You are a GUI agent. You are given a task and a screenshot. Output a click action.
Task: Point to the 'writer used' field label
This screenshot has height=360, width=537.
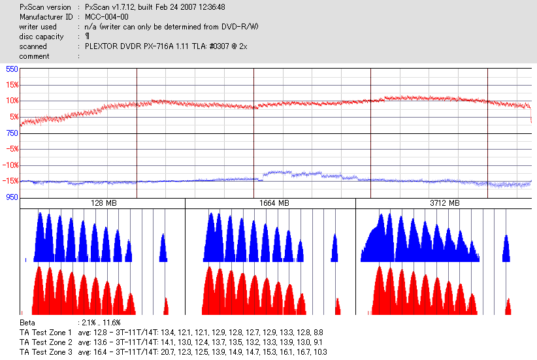pyautogui.click(x=38, y=27)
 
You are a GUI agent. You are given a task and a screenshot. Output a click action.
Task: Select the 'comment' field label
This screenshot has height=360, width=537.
pyautogui.click(x=34, y=56)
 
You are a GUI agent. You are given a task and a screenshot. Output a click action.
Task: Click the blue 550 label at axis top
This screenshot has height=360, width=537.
pyautogui.click(x=12, y=69)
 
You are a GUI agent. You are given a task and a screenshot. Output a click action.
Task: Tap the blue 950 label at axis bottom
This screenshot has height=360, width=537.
pyautogui.click(x=12, y=197)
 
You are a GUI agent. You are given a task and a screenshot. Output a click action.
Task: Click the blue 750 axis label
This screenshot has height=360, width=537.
pyautogui.click(x=12, y=133)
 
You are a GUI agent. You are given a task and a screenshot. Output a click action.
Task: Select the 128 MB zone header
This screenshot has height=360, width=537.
pyautogui.click(x=103, y=204)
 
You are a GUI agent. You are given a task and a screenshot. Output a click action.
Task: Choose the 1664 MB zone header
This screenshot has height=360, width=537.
pyautogui.click(x=270, y=204)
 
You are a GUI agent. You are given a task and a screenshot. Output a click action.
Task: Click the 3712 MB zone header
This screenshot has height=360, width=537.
pyautogui.click(x=442, y=204)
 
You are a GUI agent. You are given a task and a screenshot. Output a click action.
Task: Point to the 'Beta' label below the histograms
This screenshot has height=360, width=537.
pyautogui.click(x=27, y=323)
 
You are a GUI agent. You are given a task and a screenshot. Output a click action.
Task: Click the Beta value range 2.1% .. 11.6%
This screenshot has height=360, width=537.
pyautogui.click(x=100, y=323)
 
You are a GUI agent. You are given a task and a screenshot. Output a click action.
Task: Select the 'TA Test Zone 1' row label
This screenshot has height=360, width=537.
pyautogui.click(x=46, y=333)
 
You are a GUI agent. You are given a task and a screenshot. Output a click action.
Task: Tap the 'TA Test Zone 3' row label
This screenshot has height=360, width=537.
pyautogui.click(x=46, y=352)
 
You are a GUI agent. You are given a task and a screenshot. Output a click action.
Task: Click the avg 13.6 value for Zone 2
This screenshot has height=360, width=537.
pyautogui.click(x=93, y=342)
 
